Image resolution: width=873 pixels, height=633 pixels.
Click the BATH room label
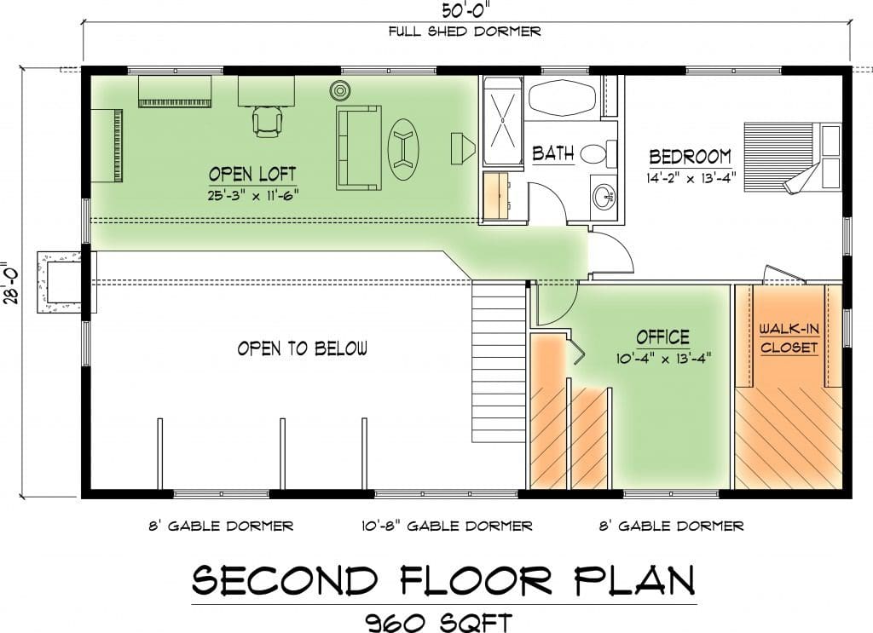[x=552, y=153]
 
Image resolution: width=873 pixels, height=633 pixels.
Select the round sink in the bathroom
[x=603, y=196]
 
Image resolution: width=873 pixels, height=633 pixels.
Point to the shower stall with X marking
[x=503, y=120]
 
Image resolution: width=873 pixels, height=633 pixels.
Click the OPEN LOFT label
[x=252, y=174]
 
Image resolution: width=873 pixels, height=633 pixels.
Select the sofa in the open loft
[x=359, y=147]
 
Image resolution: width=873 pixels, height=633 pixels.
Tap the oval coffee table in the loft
[x=402, y=149]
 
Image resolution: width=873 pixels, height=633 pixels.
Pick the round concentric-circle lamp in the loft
[x=339, y=89]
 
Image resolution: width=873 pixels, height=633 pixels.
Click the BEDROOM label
[x=691, y=157]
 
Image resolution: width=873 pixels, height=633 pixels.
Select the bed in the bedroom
[x=793, y=157]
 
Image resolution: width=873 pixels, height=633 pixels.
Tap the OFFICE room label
[x=663, y=337]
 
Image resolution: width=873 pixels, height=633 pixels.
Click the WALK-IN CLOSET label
[x=789, y=338]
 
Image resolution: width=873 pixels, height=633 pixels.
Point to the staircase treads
[x=499, y=362]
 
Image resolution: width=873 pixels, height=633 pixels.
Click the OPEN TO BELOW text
[x=303, y=348]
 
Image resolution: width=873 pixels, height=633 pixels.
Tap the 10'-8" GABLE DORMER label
[x=447, y=526]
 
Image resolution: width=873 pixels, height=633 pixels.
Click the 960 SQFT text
[x=439, y=621]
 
